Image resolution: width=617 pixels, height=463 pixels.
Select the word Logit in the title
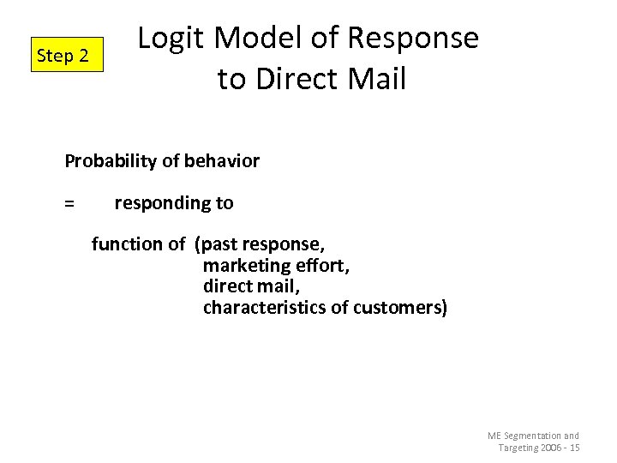click(171, 39)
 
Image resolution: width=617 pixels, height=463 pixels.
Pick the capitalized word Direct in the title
click(296, 79)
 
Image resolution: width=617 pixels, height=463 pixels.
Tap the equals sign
click(69, 204)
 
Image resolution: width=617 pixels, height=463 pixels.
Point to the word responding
click(154, 203)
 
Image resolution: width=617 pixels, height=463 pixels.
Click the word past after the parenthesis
click(220, 244)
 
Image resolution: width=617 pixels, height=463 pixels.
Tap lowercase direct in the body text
click(228, 286)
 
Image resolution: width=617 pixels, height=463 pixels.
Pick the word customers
click(398, 308)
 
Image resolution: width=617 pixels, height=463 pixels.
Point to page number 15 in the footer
click(574, 448)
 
